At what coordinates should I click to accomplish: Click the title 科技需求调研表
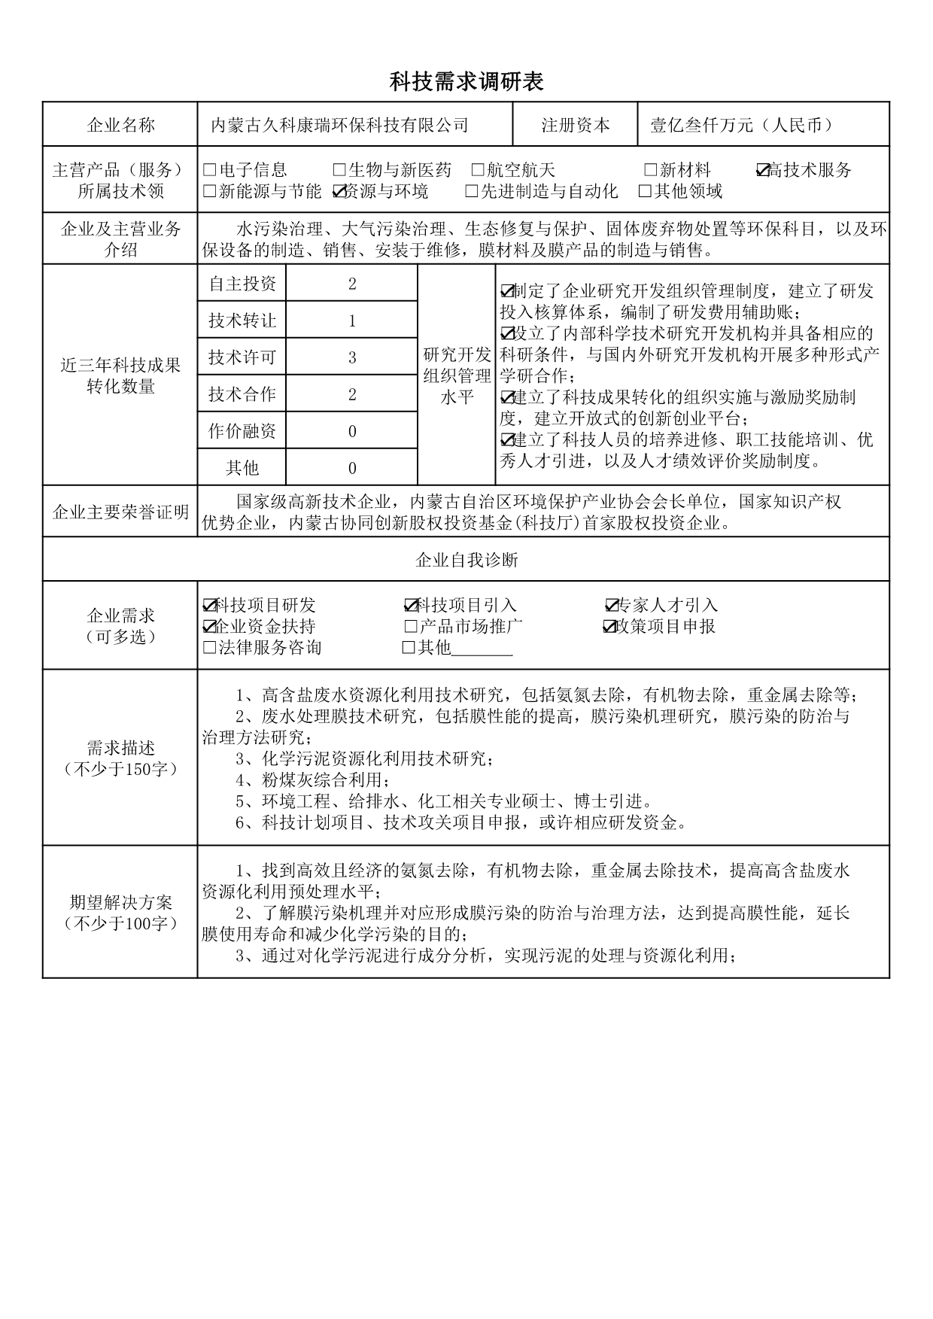pyautogui.click(x=466, y=81)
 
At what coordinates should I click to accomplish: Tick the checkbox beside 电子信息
pyautogui.click(x=210, y=171)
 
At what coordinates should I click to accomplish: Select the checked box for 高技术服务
pyautogui.click(x=762, y=171)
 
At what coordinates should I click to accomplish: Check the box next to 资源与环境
pyautogui.click(x=339, y=192)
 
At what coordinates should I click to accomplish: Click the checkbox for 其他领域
pyautogui.click(x=645, y=192)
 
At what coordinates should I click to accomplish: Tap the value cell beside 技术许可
pyautogui.click(x=351, y=357)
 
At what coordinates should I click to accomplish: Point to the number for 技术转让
pyautogui.click(x=351, y=321)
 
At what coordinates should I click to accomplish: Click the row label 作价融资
pyautogui.click(x=242, y=431)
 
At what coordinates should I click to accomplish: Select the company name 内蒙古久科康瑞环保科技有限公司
pyautogui.click(x=339, y=126)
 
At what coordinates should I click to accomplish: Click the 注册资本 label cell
pyautogui.click(x=575, y=126)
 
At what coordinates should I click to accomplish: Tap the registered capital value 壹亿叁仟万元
pyautogui.click(x=742, y=126)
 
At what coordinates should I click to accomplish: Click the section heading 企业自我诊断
pyautogui.click(x=466, y=560)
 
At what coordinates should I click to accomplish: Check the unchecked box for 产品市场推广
pyautogui.click(x=411, y=627)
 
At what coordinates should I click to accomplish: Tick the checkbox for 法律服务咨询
pyautogui.click(x=210, y=648)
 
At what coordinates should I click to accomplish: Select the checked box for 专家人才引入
pyautogui.click(x=612, y=606)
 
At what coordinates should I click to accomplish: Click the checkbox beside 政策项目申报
pyautogui.click(x=609, y=627)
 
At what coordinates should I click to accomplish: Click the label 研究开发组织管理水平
pyautogui.click(x=457, y=375)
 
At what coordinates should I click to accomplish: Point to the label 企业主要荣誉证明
pyautogui.click(x=120, y=512)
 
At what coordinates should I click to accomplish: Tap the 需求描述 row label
pyautogui.click(x=120, y=758)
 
